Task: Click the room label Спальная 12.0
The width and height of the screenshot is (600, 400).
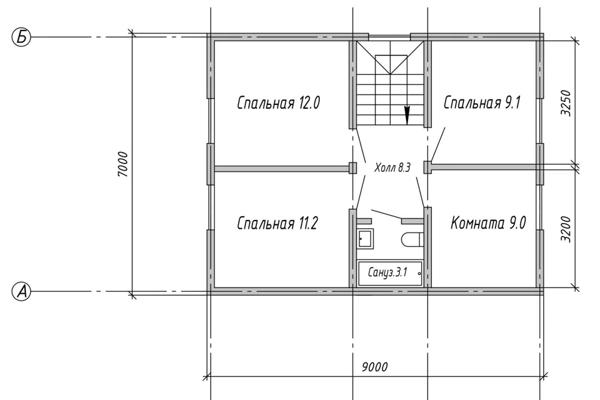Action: point(278,103)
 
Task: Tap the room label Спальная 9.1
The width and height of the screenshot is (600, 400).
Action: point(482,102)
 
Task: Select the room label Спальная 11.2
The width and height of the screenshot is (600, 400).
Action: point(277,222)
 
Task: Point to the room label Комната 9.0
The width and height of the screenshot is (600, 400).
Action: point(488,222)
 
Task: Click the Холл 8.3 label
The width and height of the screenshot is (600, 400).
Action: point(392,167)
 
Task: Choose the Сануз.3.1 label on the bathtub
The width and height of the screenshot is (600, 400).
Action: point(387,272)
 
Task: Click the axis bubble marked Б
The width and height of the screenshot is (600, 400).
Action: point(21,37)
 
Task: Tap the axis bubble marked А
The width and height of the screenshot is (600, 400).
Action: point(21,292)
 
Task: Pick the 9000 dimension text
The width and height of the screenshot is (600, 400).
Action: point(374,367)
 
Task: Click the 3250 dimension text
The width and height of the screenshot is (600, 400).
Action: point(566,103)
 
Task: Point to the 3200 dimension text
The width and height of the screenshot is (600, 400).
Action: point(566,229)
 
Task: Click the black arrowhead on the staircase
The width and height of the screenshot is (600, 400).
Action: point(407,115)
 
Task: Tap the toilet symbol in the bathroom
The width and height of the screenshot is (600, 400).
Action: point(412,239)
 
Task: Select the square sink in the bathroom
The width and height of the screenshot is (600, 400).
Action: point(366,239)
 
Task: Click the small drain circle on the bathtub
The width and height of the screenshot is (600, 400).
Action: point(419,274)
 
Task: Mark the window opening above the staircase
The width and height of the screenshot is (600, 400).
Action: point(389,37)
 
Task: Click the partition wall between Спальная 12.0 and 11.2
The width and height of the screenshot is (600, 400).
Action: point(282,168)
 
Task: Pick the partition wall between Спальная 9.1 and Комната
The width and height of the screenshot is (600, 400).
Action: point(484,167)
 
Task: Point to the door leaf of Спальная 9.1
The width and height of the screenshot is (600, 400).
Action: point(437,144)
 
